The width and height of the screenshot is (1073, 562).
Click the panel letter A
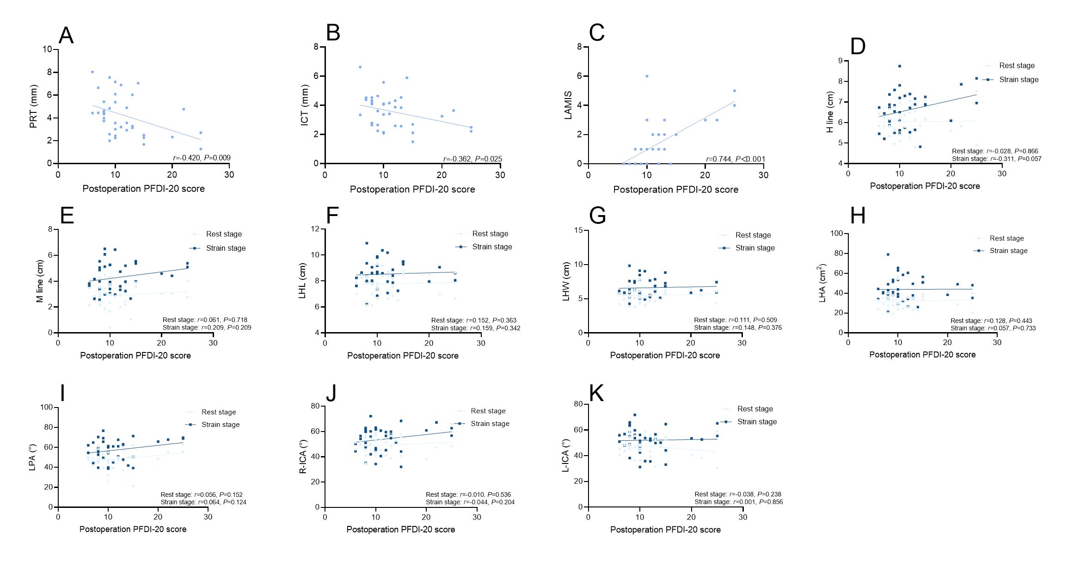pos(67,35)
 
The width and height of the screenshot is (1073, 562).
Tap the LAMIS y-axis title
pos(568,105)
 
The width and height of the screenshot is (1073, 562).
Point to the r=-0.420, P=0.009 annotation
pos(202,158)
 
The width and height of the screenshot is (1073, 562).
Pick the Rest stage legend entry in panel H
pos(1006,238)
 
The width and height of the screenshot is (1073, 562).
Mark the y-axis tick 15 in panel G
pos(578,230)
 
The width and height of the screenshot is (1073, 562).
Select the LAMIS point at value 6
pos(647,76)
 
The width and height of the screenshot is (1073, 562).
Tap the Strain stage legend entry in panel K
pos(757,422)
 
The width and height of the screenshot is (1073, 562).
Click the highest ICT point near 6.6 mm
pos(360,67)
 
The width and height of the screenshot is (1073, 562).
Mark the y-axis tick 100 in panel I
pos(46,408)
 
